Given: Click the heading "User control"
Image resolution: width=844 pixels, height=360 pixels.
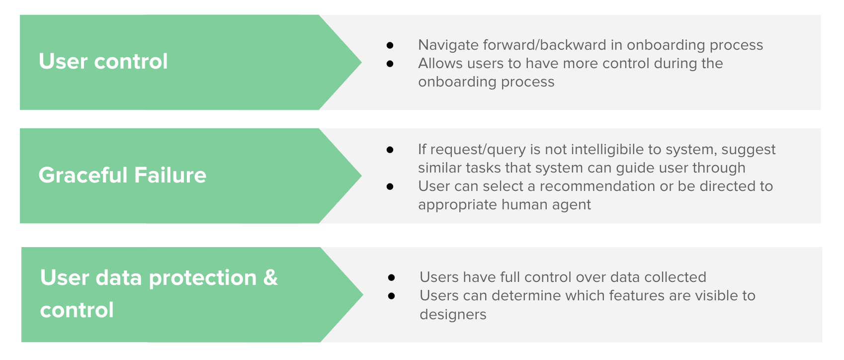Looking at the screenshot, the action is pyautogui.click(x=103, y=61).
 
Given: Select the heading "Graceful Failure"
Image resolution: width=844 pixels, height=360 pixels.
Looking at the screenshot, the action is pyautogui.click(x=122, y=176).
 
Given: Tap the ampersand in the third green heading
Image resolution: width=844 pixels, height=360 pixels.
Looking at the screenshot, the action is pyautogui.click(x=270, y=277).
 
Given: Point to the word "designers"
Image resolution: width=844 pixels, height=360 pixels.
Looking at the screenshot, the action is pyautogui.click(x=453, y=314).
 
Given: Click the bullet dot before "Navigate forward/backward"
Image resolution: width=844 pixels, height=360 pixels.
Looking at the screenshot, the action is pyautogui.click(x=390, y=46).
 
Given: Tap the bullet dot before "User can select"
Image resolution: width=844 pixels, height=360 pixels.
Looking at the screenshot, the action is pyautogui.click(x=390, y=186).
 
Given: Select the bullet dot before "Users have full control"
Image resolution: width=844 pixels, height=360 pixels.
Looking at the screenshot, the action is pyautogui.click(x=392, y=278).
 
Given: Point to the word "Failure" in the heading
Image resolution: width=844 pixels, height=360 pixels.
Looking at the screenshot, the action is pyautogui.click(x=170, y=176).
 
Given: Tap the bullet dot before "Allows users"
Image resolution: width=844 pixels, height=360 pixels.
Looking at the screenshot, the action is pyautogui.click(x=390, y=64).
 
